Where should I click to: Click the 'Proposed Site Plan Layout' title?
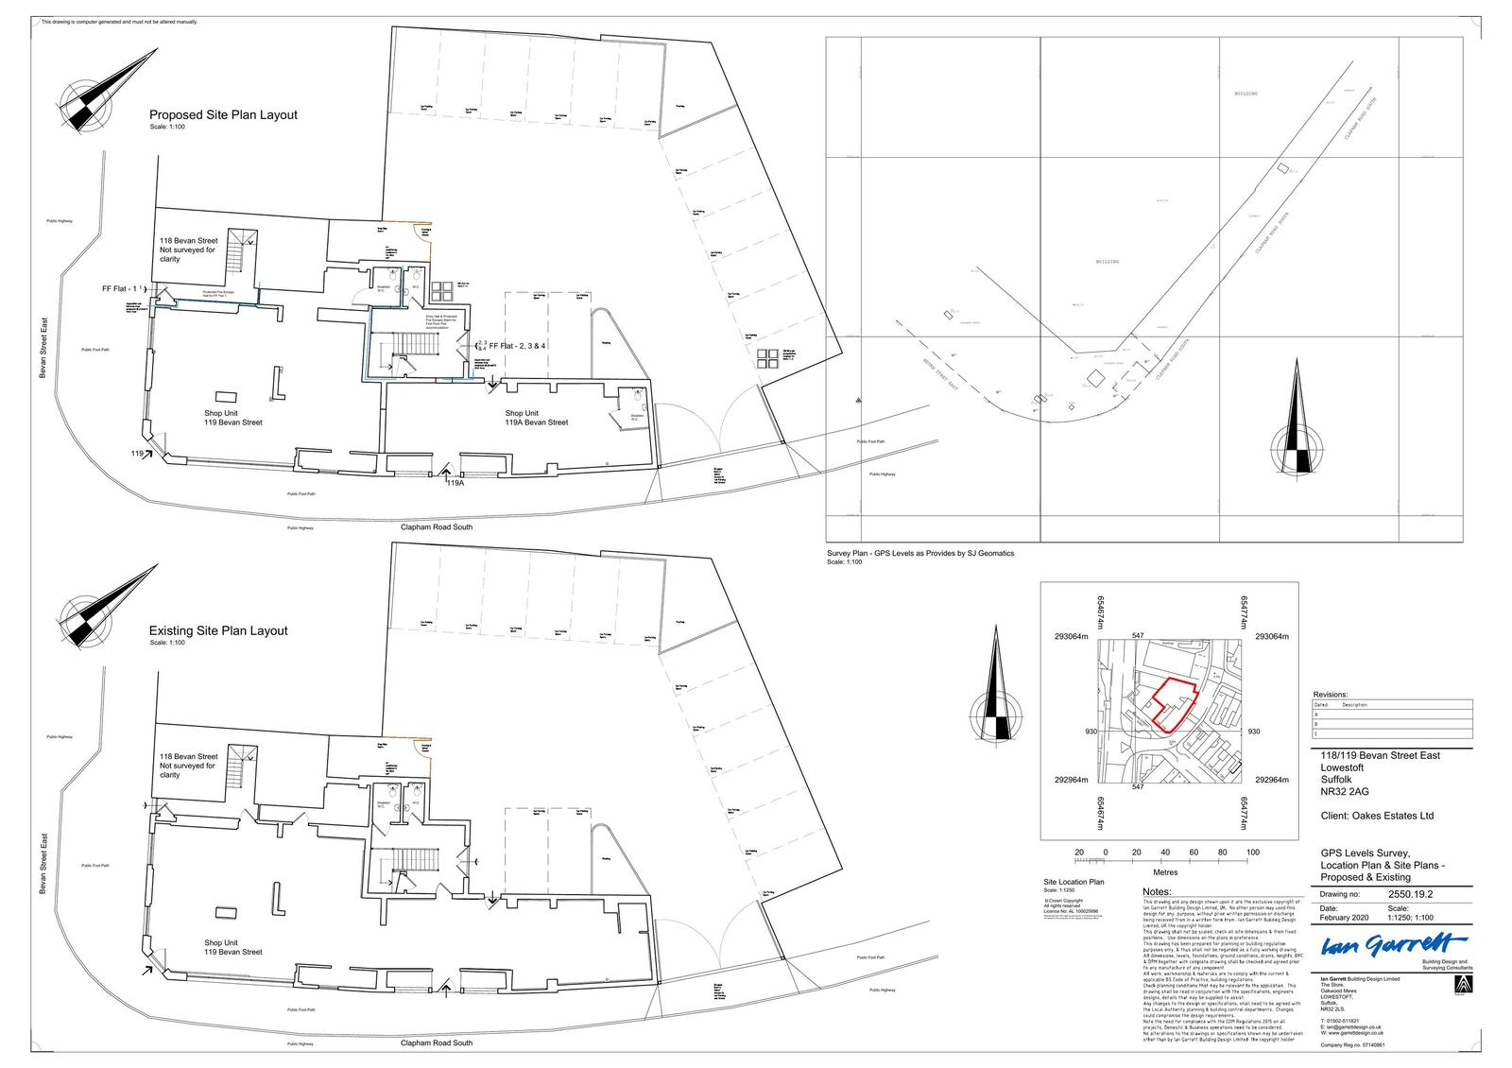[x=223, y=115]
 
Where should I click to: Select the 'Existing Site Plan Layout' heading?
[x=218, y=630]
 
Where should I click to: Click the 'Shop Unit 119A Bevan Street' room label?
[x=536, y=418]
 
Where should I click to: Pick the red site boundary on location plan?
[x=1173, y=704]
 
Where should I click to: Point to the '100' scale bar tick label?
[x=1253, y=853]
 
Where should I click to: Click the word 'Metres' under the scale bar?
[x=1165, y=872]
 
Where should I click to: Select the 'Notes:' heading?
[x=1157, y=892]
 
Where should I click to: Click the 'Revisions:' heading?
[x=1331, y=694]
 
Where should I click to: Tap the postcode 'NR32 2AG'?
[x=1345, y=792]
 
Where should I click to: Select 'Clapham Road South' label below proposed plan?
[x=437, y=526]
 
